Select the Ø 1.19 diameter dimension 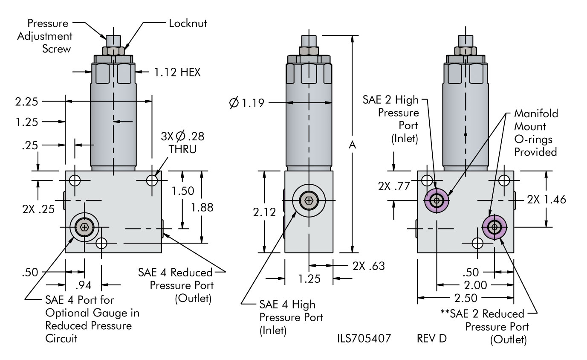247,103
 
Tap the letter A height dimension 353,145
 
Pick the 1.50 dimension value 182,191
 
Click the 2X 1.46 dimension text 547,199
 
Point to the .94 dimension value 84,284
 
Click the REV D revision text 432,340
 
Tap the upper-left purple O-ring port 437,200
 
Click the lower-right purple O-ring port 494,227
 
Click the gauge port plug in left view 84,228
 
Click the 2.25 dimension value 26,102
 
